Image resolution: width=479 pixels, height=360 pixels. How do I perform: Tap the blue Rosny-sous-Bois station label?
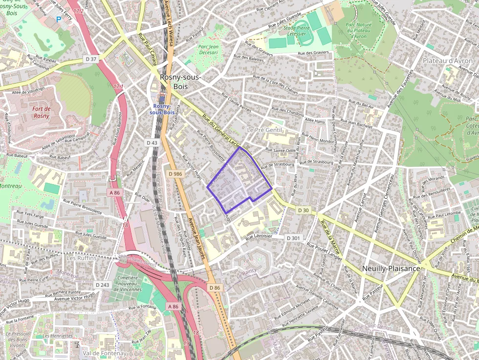coord(164,109)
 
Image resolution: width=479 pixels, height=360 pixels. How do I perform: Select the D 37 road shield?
coord(91,59)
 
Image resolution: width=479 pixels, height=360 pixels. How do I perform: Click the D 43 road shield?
coord(152,143)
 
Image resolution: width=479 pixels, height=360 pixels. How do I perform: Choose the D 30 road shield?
coord(303,210)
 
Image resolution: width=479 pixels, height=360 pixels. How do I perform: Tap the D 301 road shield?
coord(293,238)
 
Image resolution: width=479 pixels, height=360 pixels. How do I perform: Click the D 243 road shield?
coord(103,285)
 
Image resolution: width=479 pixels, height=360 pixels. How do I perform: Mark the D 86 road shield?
coord(215,288)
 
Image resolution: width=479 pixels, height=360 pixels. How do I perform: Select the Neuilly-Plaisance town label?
coord(391,269)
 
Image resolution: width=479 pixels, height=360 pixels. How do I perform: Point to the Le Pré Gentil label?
coord(264,130)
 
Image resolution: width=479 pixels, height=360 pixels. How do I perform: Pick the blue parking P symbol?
coord(59,20)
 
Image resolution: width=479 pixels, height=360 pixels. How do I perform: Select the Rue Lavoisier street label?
coord(261,237)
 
